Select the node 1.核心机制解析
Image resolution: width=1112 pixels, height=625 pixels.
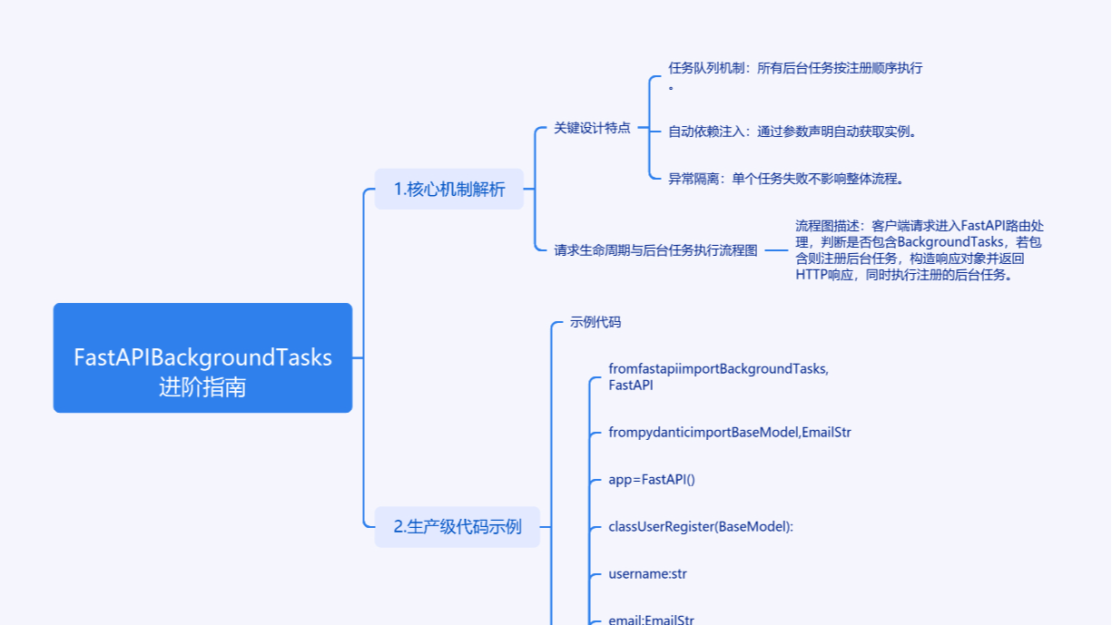click(449, 189)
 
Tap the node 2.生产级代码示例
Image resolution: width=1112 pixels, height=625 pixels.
click(457, 526)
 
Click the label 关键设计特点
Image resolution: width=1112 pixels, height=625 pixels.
click(592, 128)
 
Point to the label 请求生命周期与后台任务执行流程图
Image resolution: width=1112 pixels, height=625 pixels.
click(655, 250)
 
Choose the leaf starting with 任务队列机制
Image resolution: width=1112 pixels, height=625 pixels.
click(794, 68)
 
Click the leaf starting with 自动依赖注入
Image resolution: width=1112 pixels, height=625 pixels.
click(792, 132)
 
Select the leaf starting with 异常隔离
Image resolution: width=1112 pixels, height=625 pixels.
click(786, 179)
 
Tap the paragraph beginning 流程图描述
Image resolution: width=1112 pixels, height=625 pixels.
click(920, 249)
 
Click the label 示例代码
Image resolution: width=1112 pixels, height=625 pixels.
click(595, 322)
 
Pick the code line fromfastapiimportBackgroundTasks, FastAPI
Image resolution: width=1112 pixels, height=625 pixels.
click(718, 376)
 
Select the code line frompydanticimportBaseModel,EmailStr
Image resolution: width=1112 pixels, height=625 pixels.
click(730, 432)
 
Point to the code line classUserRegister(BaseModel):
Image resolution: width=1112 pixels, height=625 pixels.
click(701, 526)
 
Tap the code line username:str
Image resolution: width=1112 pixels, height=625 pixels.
click(648, 573)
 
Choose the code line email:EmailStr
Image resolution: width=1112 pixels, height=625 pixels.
click(652, 620)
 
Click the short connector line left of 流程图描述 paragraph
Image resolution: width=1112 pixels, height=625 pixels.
click(776, 250)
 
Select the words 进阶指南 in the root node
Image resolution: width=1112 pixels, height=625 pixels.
click(202, 387)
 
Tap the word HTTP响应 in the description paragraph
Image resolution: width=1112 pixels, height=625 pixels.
click(817, 275)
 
